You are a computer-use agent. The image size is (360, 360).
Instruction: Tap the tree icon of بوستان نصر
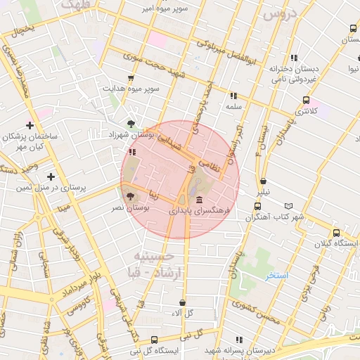click(x=129, y=196)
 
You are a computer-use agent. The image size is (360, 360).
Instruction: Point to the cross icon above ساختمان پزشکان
click(x=30, y=124)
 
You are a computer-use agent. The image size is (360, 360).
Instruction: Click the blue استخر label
click(x=276, y=276)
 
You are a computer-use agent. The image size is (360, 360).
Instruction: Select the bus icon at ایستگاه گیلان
click(x=337, y=233)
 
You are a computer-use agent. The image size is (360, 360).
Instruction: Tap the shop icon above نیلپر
click(x=263, y=181)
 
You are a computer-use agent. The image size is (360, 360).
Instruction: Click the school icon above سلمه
click(x=233, y=96)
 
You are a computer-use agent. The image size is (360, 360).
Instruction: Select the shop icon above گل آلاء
click(x=182, y=302)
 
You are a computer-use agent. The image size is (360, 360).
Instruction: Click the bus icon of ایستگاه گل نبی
click(x=134, y=340)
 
